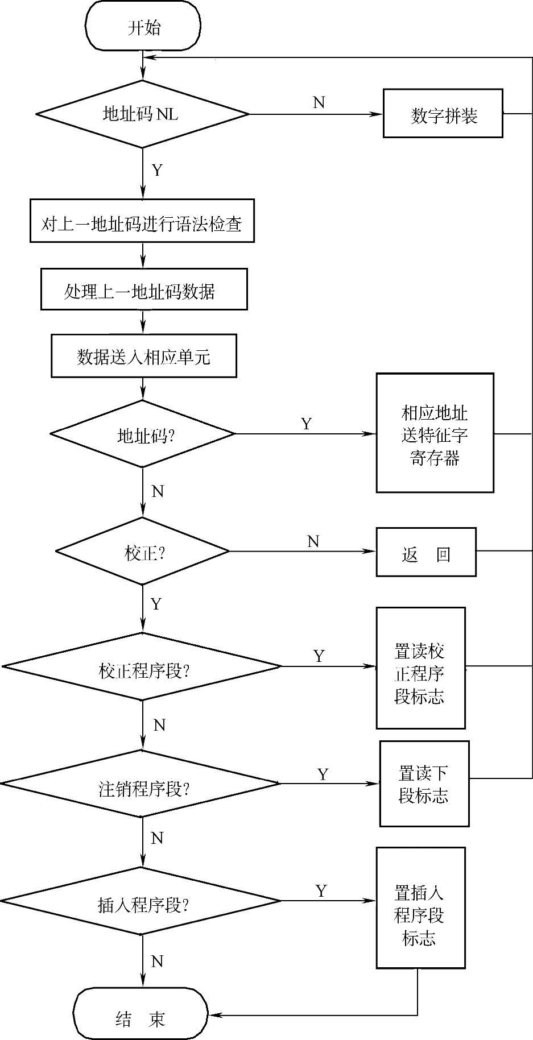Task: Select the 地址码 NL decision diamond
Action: click(142, 114)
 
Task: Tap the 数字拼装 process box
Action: click(443, 114)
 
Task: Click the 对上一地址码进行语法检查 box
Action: click(142, 221)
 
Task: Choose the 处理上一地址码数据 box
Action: click(144, 289)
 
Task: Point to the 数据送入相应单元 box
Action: click(144, 356)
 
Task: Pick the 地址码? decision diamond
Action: click(142, 434)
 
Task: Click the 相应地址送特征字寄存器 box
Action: click(435, 433)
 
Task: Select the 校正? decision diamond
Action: click(142, 551)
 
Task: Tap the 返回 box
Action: click(426, 552)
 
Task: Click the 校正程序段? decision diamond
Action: click(142, 666)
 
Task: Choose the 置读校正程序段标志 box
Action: click(420, 668)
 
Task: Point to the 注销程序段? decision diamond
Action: click(141, 784)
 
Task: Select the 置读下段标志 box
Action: click(424, 784)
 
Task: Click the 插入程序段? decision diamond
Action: click(141, 901)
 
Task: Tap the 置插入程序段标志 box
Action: click(420, 908)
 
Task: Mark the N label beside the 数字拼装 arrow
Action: click(319, 102)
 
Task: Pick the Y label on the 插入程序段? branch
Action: click(321, 890)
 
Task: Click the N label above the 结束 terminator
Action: click(158, 961)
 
